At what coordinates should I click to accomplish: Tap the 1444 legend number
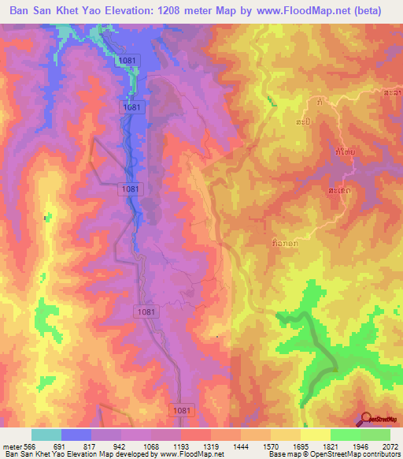tap(241, 446)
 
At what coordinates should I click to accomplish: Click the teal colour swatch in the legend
tap(46, 435)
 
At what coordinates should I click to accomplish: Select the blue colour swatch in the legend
tap(76, 435)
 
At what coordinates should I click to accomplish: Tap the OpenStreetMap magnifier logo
tap(366, 420)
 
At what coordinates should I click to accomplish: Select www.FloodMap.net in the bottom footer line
tap(185, 454)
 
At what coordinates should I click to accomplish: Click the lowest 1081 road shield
tap(180, 410)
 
